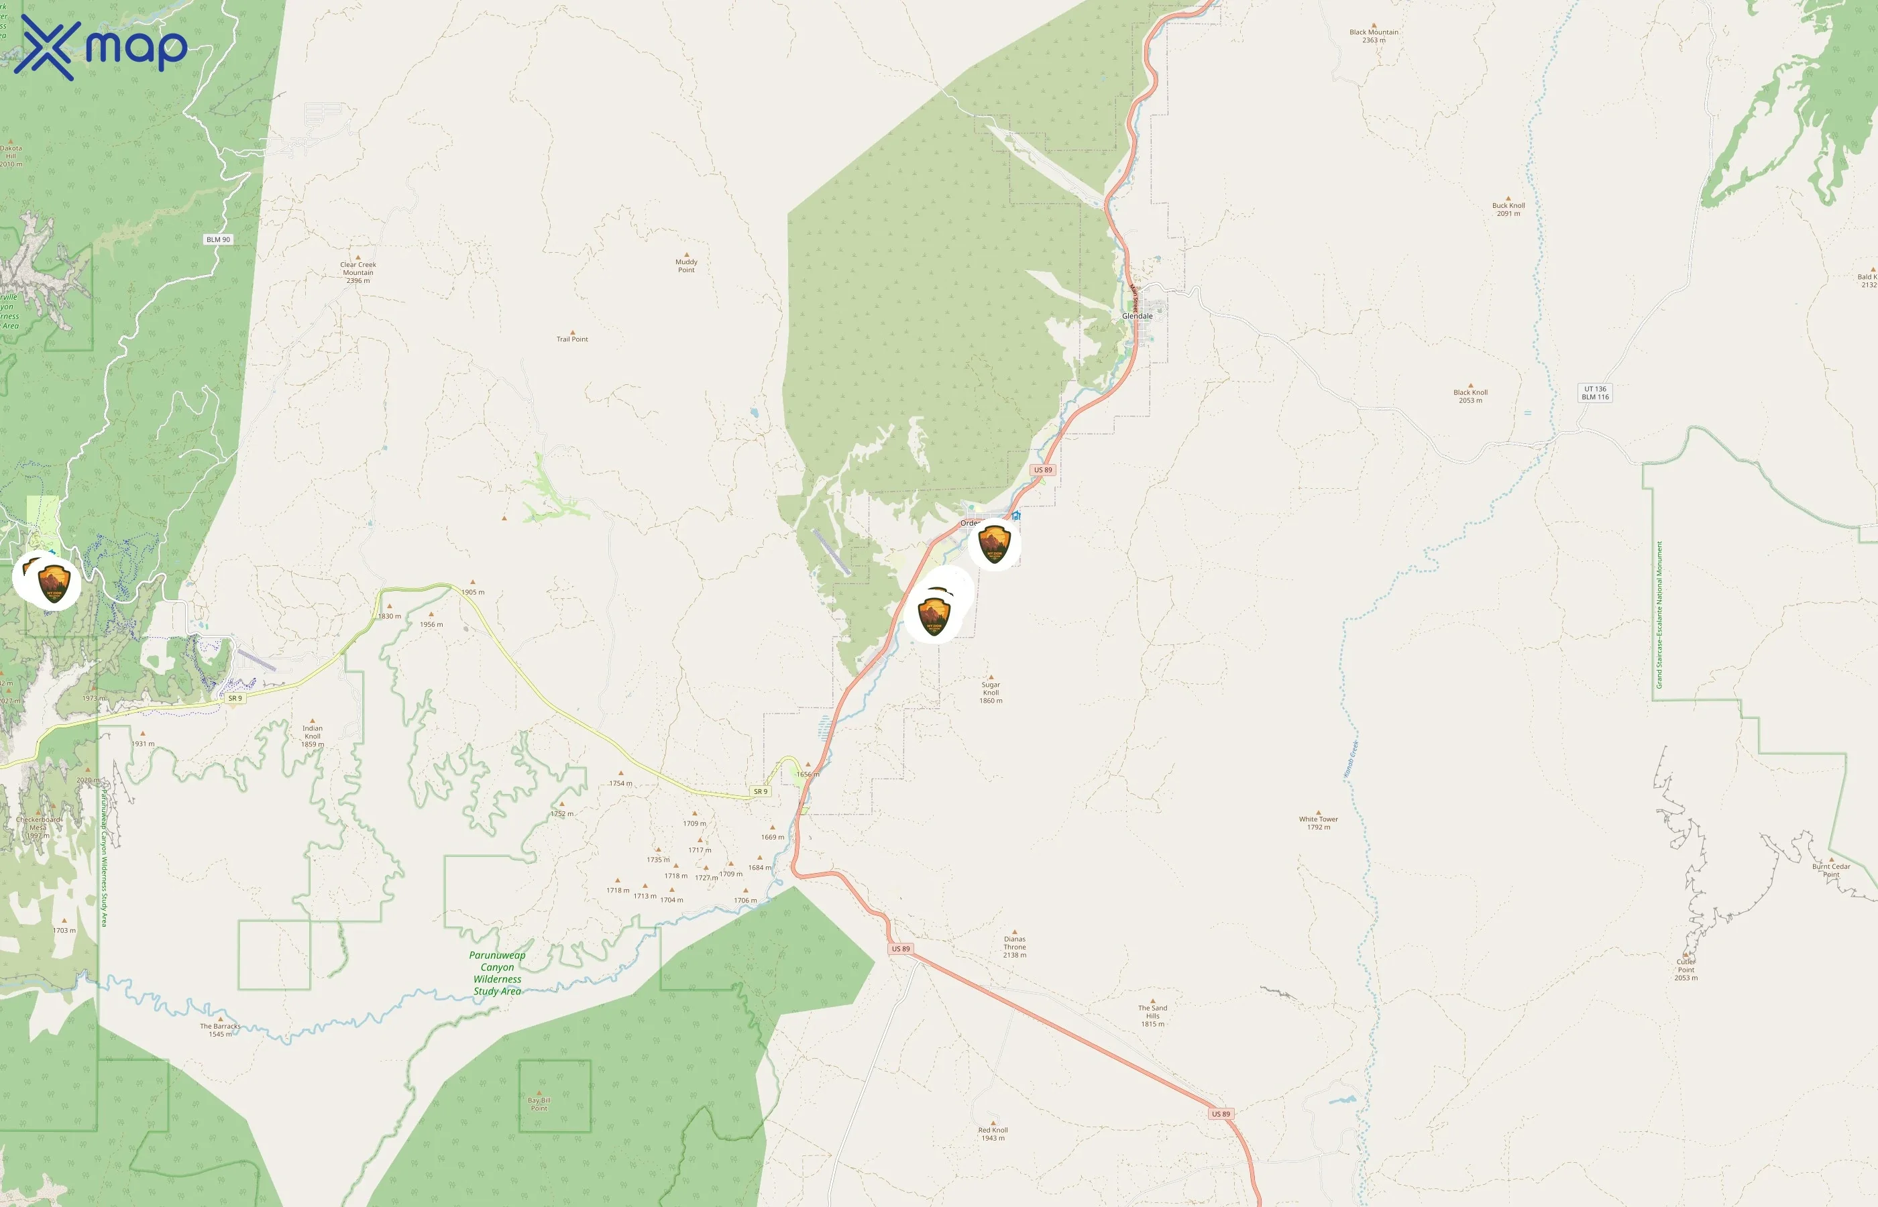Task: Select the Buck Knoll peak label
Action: click(1508, 209)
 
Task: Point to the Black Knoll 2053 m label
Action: click(1470, 396)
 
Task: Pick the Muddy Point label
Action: click(686, 266)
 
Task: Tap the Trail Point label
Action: click(572, 339)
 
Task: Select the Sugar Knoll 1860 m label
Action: click(991, 692)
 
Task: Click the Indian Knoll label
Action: click(312, 736)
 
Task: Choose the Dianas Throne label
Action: click(1014, 947)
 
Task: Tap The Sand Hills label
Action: click(1152, 1016)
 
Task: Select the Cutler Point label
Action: click(1686, 970)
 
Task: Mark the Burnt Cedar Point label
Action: click(1830, 870)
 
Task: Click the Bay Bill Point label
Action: click(539, 1104)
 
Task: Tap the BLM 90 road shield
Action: click(218, 239)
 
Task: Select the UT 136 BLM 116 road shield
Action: click(1594, 393)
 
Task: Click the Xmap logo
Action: click(101, 47)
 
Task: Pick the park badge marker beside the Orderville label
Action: click(994, 543)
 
